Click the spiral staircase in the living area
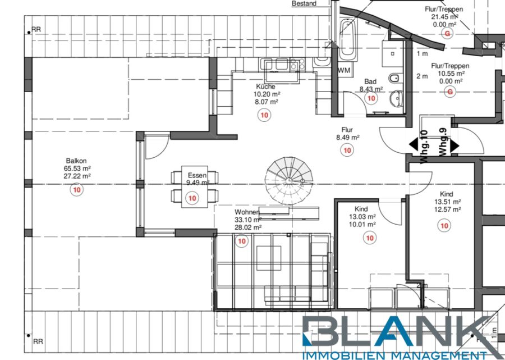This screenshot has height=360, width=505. pyautogui.click(x=289, y=180)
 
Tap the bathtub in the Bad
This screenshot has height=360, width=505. pyautogui.click(x=348, y=40)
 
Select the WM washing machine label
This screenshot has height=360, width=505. pyautogui.click(x=344, y=71)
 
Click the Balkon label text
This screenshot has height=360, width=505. pyautogui.click(x=76, y=161)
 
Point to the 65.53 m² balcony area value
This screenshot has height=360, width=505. pyautogui.click(x=77, y=168)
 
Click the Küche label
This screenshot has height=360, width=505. pyautogui.click(x=266, y=86)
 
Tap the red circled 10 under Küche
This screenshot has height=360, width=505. pyautogui.click(x=264, y=115)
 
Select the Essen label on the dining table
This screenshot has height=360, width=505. pyautogui.click(x=198, y=175)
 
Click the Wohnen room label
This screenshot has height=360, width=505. pyautogui.click(x=247, y=212)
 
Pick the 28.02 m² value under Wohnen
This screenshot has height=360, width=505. pyautogui.click(x=248, y=227)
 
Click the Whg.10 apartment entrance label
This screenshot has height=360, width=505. pyautogui.click(x=424, y=146)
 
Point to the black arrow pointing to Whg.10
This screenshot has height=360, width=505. pyautogui.click(x=414, y=145)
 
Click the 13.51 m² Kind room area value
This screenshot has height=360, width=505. pyautogui.click(x=448, y=202)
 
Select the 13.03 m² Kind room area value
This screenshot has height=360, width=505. pyautogui.click(x=362, y=217)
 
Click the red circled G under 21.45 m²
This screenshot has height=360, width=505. pyautogui.click(x=447, y=34)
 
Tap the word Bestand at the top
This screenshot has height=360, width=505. pyautogui.click(x=304, y=3)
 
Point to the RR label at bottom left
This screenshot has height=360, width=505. pyautogui.click(x=38, y=341)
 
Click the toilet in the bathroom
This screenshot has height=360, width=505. pyautogui.click(x=394, y=78)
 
